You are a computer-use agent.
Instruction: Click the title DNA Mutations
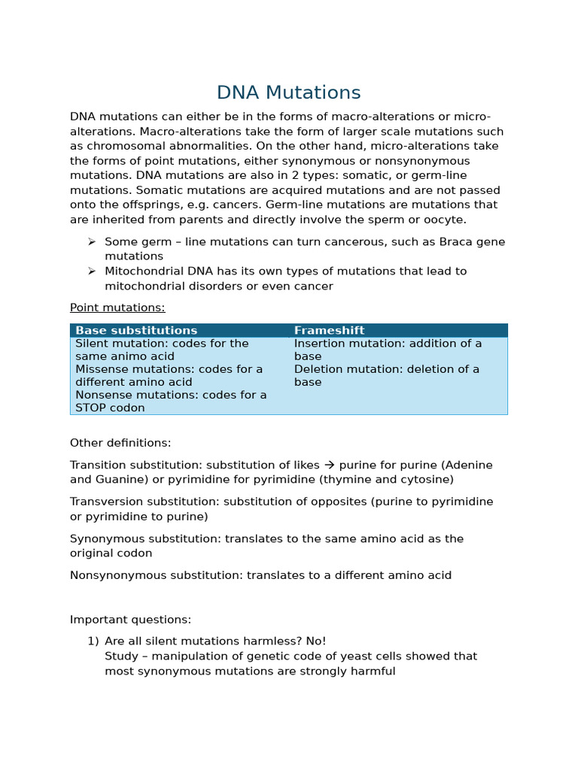[288, 92]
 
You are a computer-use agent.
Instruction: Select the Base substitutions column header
[136, 330]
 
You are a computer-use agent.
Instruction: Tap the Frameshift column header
[329, 330]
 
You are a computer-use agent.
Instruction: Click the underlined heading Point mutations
[117, 308]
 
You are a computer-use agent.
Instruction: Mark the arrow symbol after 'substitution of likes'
[329, 465]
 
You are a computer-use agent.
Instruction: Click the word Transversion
[108, 502]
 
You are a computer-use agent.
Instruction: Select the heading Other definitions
[120, 443]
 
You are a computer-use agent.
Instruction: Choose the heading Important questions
[130, 620]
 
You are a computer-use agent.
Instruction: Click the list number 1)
[93, 641]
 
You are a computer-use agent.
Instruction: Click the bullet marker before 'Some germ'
[92, 241]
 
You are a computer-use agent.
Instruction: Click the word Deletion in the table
[318, 369]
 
